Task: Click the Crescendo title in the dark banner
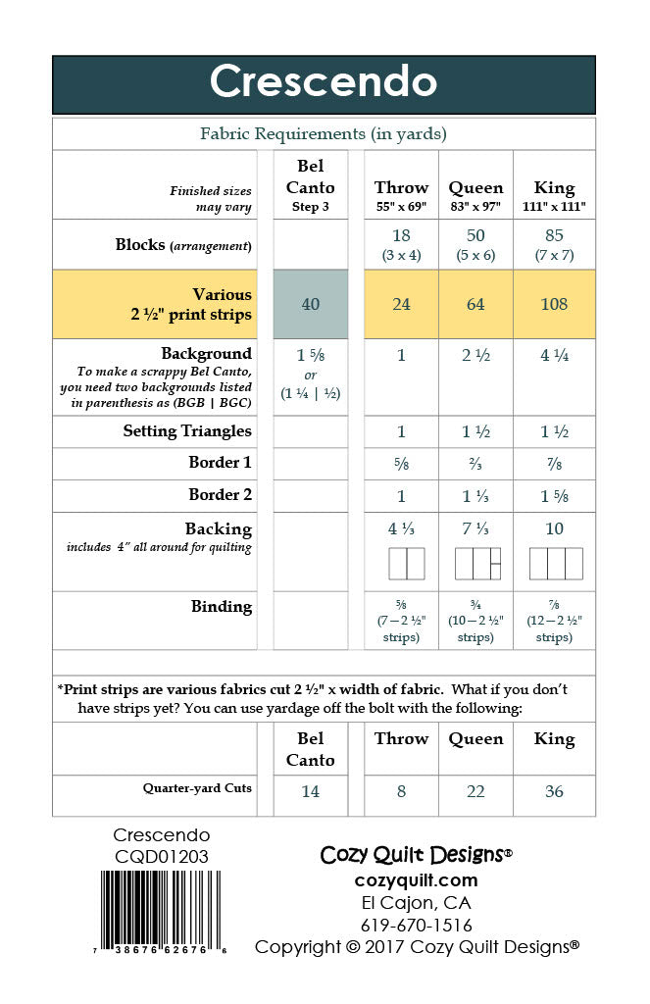pos(323,82)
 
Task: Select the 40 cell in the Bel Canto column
pos(310,304)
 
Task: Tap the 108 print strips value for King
pos(554,304)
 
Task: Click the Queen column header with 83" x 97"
pos(475,195)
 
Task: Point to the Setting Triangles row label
pos(187,431)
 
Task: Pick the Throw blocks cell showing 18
pos(401,244)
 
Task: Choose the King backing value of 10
pos(554,529)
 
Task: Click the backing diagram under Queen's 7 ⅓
pos(477,564)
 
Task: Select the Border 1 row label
pos(220,463)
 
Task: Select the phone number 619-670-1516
pos(417,925)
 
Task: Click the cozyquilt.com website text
pos(417,879)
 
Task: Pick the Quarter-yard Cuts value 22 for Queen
pos(475,791)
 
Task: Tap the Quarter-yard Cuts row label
pos(197,788)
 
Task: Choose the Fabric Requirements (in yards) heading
pos(324,133)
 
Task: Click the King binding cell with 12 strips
pos(554,621)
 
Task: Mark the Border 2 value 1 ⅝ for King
pos(554,495)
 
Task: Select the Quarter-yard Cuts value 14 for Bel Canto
pos(310,791)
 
